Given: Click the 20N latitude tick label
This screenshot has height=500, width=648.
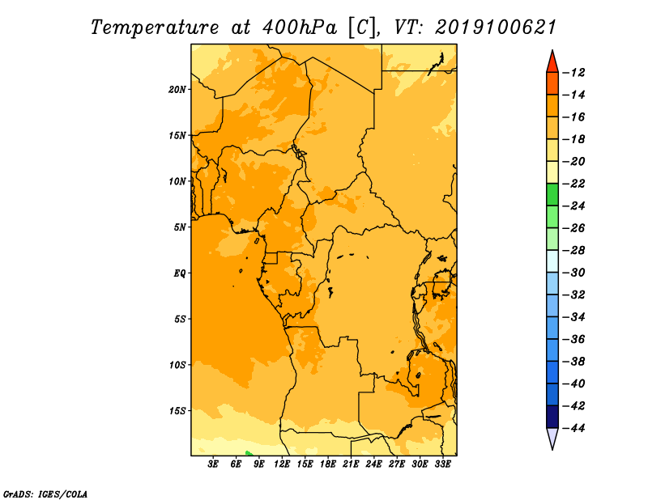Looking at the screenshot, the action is coord(177,90).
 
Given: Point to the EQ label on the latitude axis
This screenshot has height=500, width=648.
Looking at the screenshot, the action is coord(179,273).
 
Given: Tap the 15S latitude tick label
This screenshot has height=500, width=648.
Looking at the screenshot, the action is coord(177,411).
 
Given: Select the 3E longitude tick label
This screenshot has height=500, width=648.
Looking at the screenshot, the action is coord(213,464).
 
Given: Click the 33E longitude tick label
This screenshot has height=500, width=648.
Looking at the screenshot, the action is coord(442,464).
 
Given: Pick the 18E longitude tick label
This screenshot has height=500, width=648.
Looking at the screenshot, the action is coord(328,464).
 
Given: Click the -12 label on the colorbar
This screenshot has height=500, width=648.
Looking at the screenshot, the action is coord(574,73).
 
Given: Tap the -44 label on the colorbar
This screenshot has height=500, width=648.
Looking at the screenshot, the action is coord(574,428).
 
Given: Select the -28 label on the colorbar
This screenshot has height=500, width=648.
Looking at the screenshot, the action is coord(574,251).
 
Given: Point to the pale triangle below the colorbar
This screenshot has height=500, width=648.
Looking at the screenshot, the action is coord(552,437).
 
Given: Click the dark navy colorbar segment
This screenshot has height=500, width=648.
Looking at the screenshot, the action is coord(552,417).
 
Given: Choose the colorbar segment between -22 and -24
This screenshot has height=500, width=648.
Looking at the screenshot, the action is coord(552,194).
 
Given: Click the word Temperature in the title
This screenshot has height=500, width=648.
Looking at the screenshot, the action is coord(155,28).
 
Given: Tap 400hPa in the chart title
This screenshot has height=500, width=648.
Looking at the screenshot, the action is coord(300,28).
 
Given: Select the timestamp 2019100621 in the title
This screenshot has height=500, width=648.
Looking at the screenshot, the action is coord(496,28).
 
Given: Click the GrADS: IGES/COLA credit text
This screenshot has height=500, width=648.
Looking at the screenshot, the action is coord(45,494).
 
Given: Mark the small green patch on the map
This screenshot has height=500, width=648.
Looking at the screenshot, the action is coord(248,453).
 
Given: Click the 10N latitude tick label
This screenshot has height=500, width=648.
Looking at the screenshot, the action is coord(177,181).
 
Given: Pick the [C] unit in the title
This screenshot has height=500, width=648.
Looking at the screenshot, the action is coord(362,28).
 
